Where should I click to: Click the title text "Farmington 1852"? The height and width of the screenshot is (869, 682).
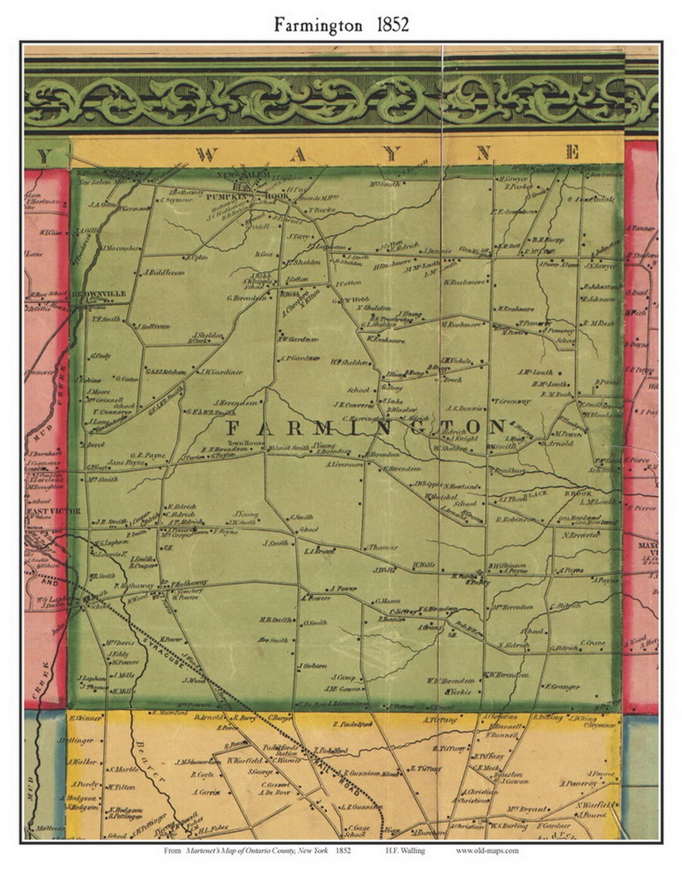341,25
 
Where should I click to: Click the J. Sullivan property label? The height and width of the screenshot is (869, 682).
154,327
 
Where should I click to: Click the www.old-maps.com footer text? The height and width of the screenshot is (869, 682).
487,851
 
